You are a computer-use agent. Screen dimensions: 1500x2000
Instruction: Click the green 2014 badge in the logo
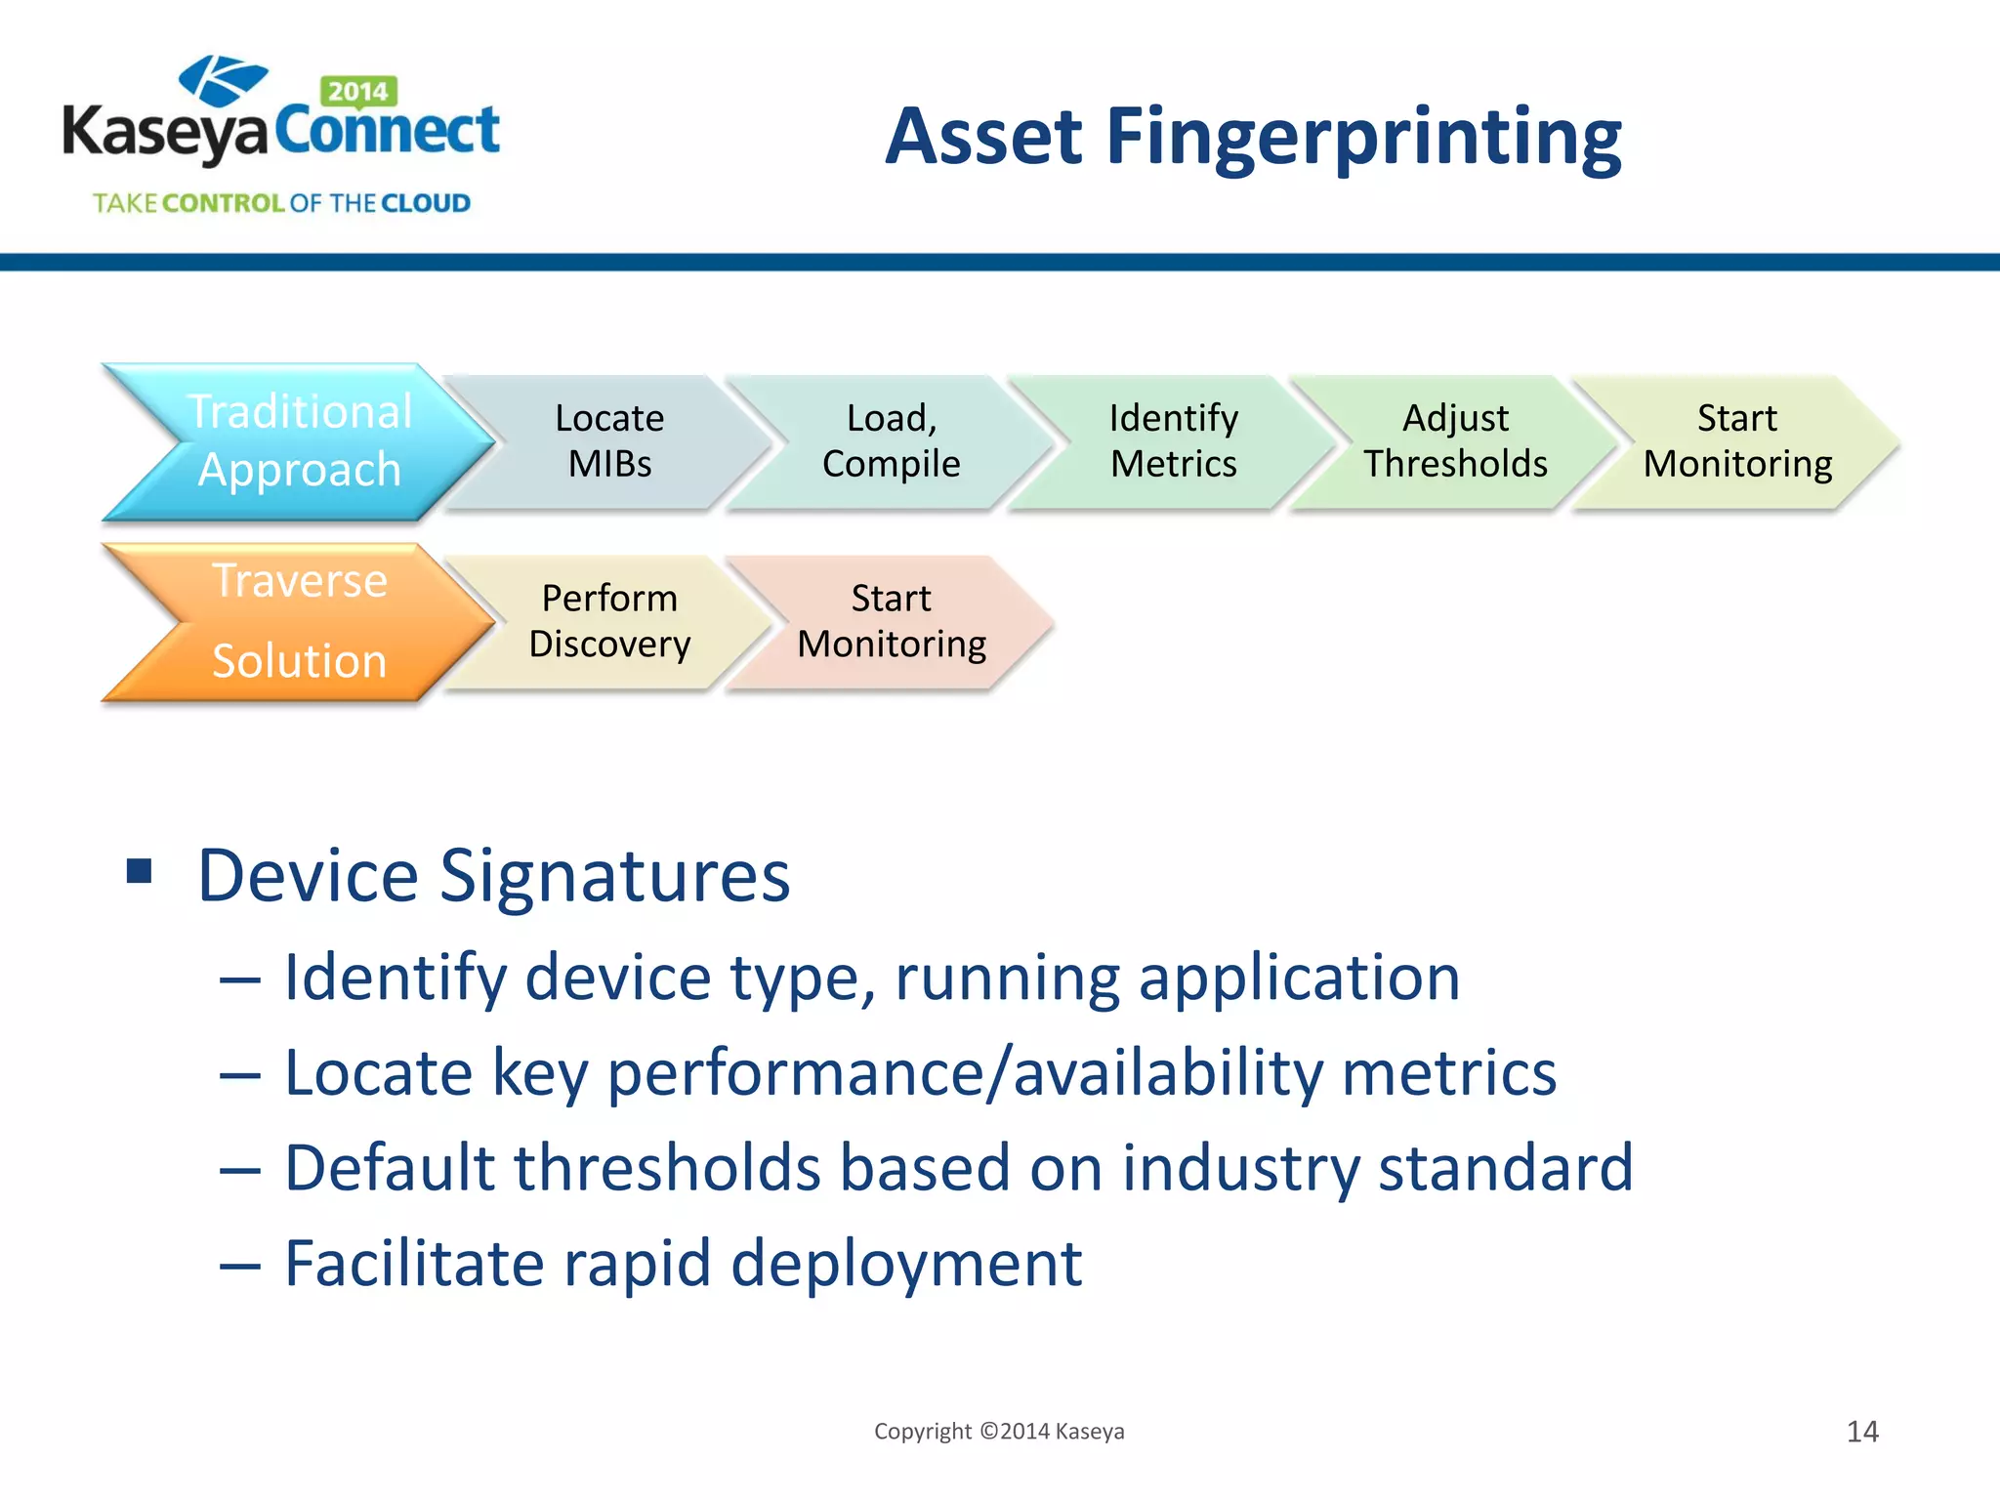[357, 91]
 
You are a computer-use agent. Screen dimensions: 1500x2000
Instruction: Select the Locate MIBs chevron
[609, 441]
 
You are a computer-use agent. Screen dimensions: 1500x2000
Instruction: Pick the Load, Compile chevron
[891, 441]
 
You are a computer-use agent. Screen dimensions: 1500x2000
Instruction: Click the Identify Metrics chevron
[1173, 441]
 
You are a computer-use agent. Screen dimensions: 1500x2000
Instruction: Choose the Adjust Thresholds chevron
[1455, 441]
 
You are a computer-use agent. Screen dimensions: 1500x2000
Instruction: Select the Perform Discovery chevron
[609, 622]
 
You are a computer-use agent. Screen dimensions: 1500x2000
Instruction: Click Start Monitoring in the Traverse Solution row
[891, 622]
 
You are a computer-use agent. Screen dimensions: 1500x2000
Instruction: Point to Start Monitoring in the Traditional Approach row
[1737, 441]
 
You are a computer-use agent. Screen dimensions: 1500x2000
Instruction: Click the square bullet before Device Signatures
[140, 870]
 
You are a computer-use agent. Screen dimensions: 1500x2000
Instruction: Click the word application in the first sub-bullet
[1299, 978]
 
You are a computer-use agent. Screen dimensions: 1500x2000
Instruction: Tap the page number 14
[1862, 1432]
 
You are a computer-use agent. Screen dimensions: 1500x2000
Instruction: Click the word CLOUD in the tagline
[425, 203]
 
